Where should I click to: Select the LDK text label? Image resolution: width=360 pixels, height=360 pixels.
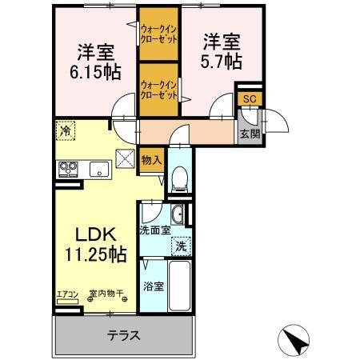click(97, 235)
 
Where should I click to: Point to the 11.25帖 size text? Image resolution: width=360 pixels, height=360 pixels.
click(95, 254)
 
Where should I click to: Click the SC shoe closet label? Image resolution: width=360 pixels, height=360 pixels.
click(249, 98)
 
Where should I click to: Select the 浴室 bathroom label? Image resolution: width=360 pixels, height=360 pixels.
click(154, 286)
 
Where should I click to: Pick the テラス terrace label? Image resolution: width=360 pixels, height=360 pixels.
click(123, 335)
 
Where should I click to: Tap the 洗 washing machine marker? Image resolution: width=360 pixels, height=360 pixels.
click(182, 247)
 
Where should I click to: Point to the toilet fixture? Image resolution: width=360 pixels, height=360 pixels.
click(179, 181)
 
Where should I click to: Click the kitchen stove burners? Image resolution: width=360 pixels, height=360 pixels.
click(68, 168)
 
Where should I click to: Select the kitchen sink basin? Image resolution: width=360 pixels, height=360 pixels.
click(100, 168)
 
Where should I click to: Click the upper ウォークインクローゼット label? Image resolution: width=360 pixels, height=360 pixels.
click(158, 35)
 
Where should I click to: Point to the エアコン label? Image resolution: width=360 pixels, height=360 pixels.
click(67, 294)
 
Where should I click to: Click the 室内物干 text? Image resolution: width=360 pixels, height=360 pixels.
click(106, 294)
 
